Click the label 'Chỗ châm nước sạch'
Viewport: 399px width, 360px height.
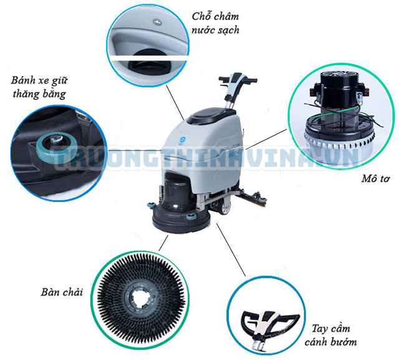click(x=215, y=23)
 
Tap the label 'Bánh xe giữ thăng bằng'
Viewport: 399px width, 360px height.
click(x=39, y=87)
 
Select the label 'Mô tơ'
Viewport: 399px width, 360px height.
click(x=375, y=178)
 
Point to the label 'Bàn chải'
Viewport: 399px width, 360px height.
click(x=62, y=292)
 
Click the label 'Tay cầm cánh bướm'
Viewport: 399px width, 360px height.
click(x=330, y=335)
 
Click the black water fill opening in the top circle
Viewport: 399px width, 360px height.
click(x=150, y=61)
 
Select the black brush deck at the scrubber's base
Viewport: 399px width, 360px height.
click(x=181, y=220)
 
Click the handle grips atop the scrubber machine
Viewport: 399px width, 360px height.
click(x=238, y=78)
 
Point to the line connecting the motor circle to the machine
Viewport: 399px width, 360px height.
click(x=266, y=139)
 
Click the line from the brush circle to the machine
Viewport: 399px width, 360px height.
click(x=163, y=243)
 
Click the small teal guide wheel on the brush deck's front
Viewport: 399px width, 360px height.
click(x=191, y=217)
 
